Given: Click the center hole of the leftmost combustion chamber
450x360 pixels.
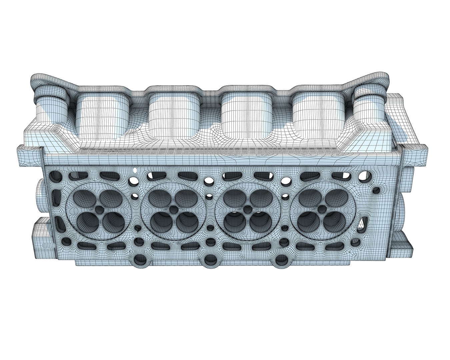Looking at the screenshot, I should coord(99,210).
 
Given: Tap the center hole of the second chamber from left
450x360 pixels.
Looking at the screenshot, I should coord(174,210).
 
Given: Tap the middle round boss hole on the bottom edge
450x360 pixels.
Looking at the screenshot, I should coord(210,259).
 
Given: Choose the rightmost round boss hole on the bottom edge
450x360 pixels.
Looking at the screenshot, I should coord(282,259).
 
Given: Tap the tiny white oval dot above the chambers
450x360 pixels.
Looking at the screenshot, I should coord(135,171).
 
